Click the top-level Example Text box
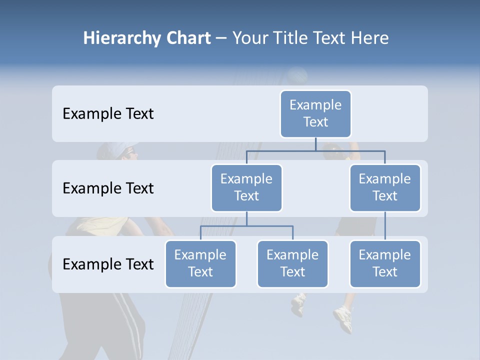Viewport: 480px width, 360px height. [315, 113]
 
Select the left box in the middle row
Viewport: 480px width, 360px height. [246, 187]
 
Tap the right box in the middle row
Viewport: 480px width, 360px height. [384, 187]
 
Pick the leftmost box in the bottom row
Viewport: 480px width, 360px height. [200, 263]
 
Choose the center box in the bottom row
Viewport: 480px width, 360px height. [292, 263]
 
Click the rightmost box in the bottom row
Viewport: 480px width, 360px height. [384, 263]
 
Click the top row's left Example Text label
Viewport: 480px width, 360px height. [108, 114]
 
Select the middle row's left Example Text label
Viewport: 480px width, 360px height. [108, 188]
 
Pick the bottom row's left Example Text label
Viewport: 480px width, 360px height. [108, 264]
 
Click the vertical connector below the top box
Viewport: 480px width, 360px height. [315, 144]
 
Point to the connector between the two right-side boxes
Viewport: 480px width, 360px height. [385, 226]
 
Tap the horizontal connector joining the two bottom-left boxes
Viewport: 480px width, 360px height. [246, 226]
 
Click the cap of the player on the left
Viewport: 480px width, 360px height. [120, 148]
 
